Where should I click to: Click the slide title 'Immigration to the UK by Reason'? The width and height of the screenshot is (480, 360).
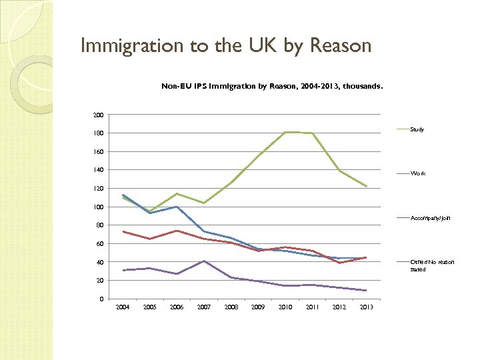point(225,46)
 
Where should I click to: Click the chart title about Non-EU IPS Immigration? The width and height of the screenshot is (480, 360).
point(272,86)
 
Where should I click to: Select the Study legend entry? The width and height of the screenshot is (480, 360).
point(417,129)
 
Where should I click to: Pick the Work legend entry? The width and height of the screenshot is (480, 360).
point(418,173)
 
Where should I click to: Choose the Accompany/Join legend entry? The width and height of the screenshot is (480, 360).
point(430,218)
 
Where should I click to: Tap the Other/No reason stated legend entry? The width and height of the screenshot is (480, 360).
point(431,265)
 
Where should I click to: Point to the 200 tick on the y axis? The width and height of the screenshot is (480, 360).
point(98,115)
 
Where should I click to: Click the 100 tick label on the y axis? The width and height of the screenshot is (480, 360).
point(98,207)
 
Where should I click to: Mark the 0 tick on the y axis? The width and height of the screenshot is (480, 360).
point(101,299)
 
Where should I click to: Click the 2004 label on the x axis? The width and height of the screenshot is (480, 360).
point(123,307)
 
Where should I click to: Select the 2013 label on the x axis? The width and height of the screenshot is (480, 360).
point(366,307)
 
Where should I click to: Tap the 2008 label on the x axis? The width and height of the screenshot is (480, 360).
point(231,307)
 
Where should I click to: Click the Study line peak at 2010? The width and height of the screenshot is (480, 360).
point(285,132)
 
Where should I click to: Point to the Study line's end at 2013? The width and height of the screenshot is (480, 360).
point(366,186)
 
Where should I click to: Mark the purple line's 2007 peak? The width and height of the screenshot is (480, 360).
point(204,261)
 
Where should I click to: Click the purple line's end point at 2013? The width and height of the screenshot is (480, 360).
point(366,291)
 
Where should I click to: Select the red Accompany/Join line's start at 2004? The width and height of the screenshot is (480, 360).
point(123,231)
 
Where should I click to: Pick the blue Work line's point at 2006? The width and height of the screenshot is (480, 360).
point(177,207)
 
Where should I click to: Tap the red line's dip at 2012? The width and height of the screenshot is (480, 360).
point(339,263)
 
